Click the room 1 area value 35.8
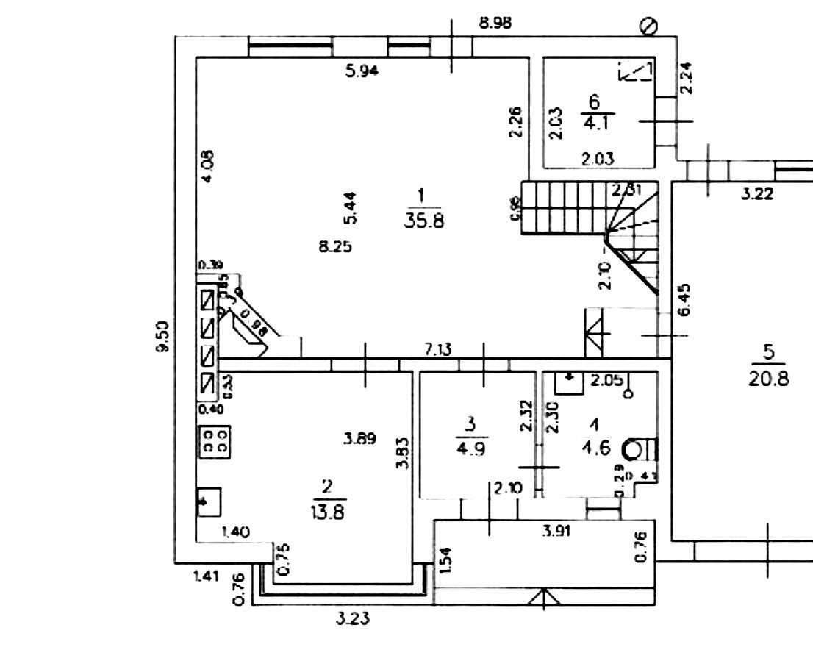point(423,220)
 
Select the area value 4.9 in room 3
point(470,447)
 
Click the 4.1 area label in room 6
point(594,121)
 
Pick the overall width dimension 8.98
point(495,23)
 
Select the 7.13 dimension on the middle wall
point(437,350)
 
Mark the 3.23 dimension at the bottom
point(353,619)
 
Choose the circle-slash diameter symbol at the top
point(648,26)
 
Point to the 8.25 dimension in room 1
point(334,247)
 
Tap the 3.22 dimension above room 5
point(756,195)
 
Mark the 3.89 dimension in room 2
point(360,440)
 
